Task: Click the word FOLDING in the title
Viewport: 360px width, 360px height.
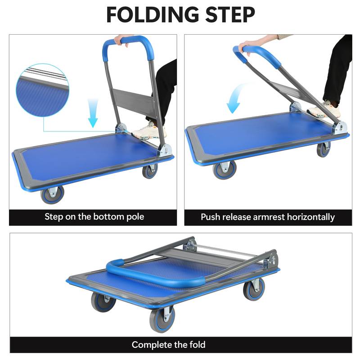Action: click(151, 14)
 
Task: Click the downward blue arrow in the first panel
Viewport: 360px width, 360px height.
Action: click(93, 115)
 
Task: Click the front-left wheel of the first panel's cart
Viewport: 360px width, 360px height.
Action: click(52, 193)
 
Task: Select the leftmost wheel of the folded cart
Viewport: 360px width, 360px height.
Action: click(103, 301)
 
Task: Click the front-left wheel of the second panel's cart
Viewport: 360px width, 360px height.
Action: click(224, 169)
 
